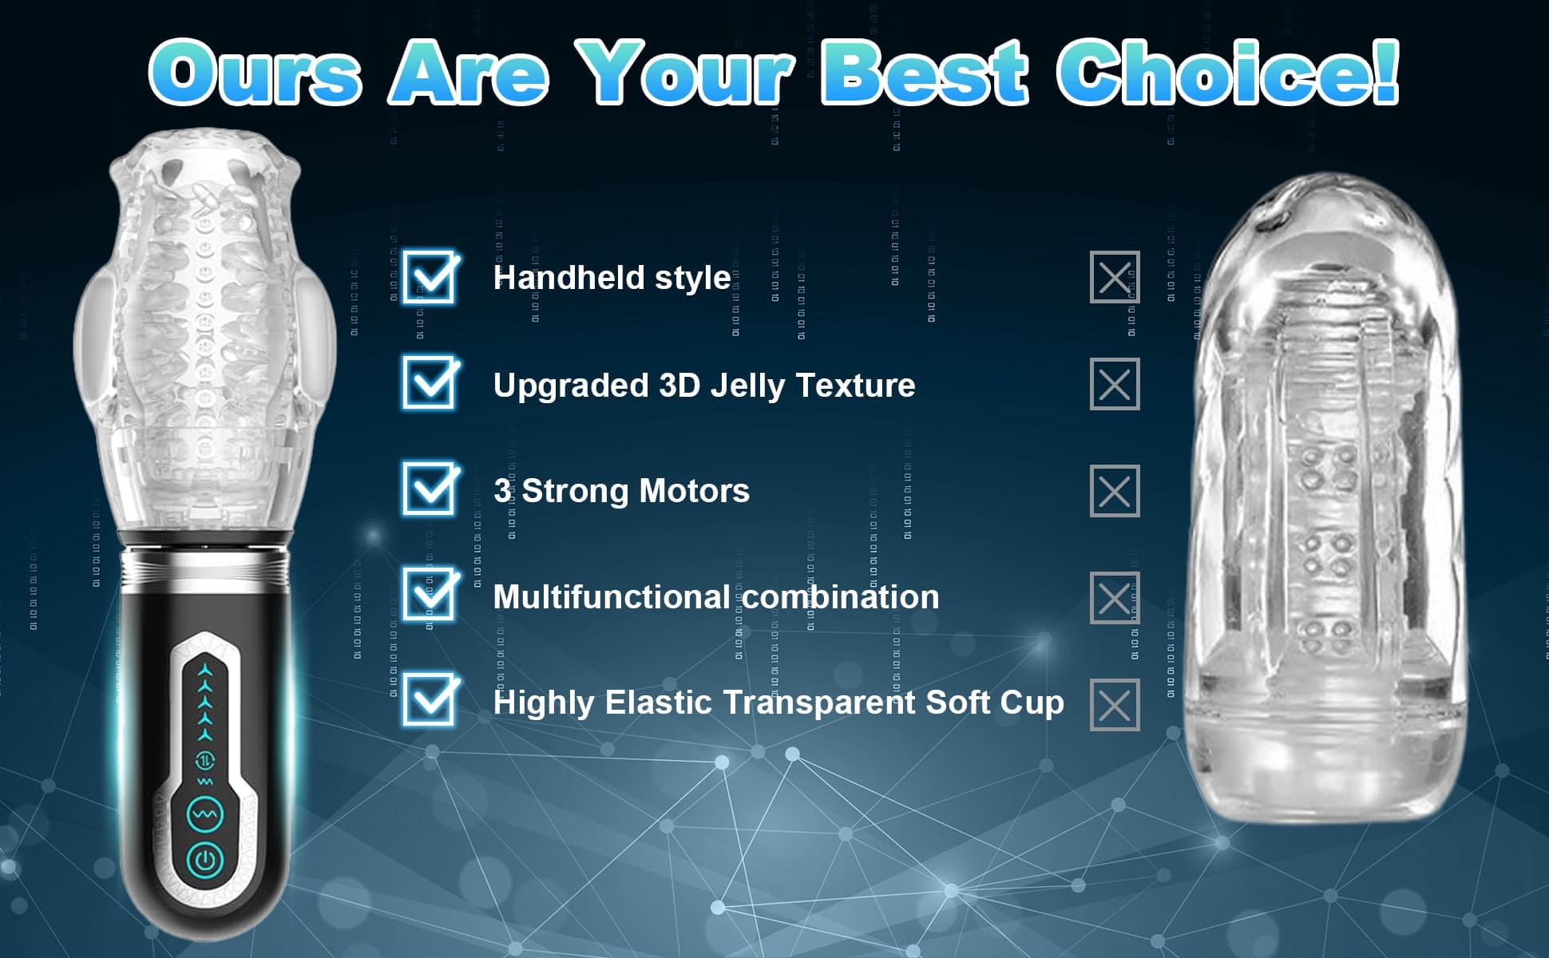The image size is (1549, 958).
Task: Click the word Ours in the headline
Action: pos(255,73)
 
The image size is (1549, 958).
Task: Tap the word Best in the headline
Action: pos(925,73)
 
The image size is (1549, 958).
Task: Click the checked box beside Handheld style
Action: pos(430,276)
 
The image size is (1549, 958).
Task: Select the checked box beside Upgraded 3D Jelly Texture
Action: pos(430,382)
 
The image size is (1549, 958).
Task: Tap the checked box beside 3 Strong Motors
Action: pos(430,488)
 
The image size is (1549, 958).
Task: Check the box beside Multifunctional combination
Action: pos(430,594)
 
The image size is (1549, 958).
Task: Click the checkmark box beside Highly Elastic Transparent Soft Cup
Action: pos(430,699)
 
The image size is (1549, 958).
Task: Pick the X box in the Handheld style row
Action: pos(1115,278)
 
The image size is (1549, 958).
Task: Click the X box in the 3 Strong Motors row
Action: pos(1115,491)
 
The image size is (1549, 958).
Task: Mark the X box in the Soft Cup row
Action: pos(1115,705)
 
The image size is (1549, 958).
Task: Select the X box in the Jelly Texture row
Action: pos(1115,384)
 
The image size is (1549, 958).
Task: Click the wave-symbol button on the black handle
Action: pos(205,814)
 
